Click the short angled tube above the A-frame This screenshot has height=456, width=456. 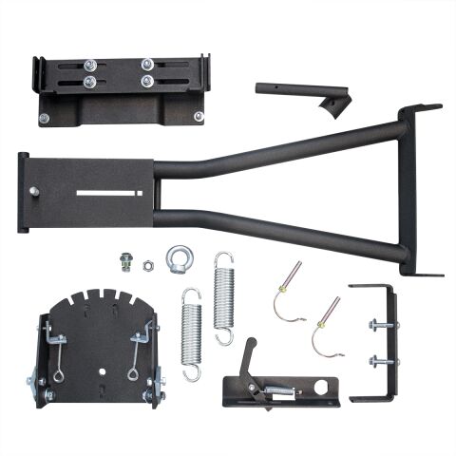click(x=299, y=91)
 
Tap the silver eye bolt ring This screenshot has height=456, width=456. click(x=178, y=257)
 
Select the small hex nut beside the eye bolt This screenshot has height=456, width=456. click(x=148, y=265)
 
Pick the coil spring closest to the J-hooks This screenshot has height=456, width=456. click(x=224, y=297)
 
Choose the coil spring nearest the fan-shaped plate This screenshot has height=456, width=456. click(x=191, y=332)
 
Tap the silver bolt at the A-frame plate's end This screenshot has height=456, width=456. click(x=34, y=191)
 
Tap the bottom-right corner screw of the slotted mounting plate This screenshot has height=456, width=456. click(x=199, y=117)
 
